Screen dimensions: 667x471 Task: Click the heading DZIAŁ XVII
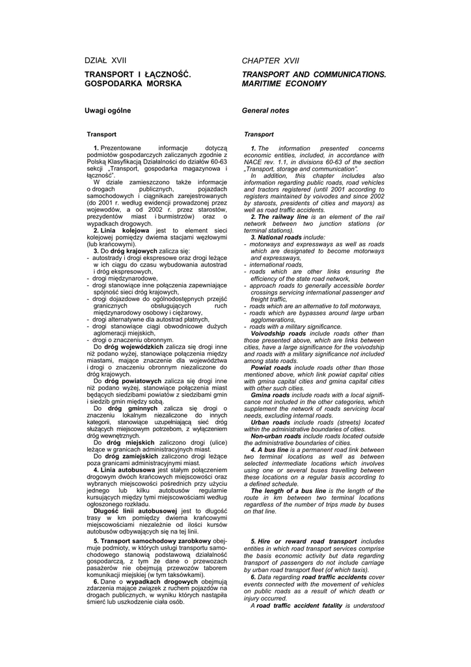pyautogui.click(x=105, y=60)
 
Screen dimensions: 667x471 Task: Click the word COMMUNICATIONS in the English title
pyautogui.click(x=353, y=75)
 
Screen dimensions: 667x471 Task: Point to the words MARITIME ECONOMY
pyautogui.click(x=284, y=84)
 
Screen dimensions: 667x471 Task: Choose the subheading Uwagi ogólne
pyautogui.click(x=108, y=111)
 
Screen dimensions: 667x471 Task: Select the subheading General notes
pyautogui.click(x=265, y=111)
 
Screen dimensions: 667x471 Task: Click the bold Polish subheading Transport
pyautogui.click(x=101, y=134)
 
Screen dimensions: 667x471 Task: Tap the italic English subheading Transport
pyautogui.click(x=259, y=134)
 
